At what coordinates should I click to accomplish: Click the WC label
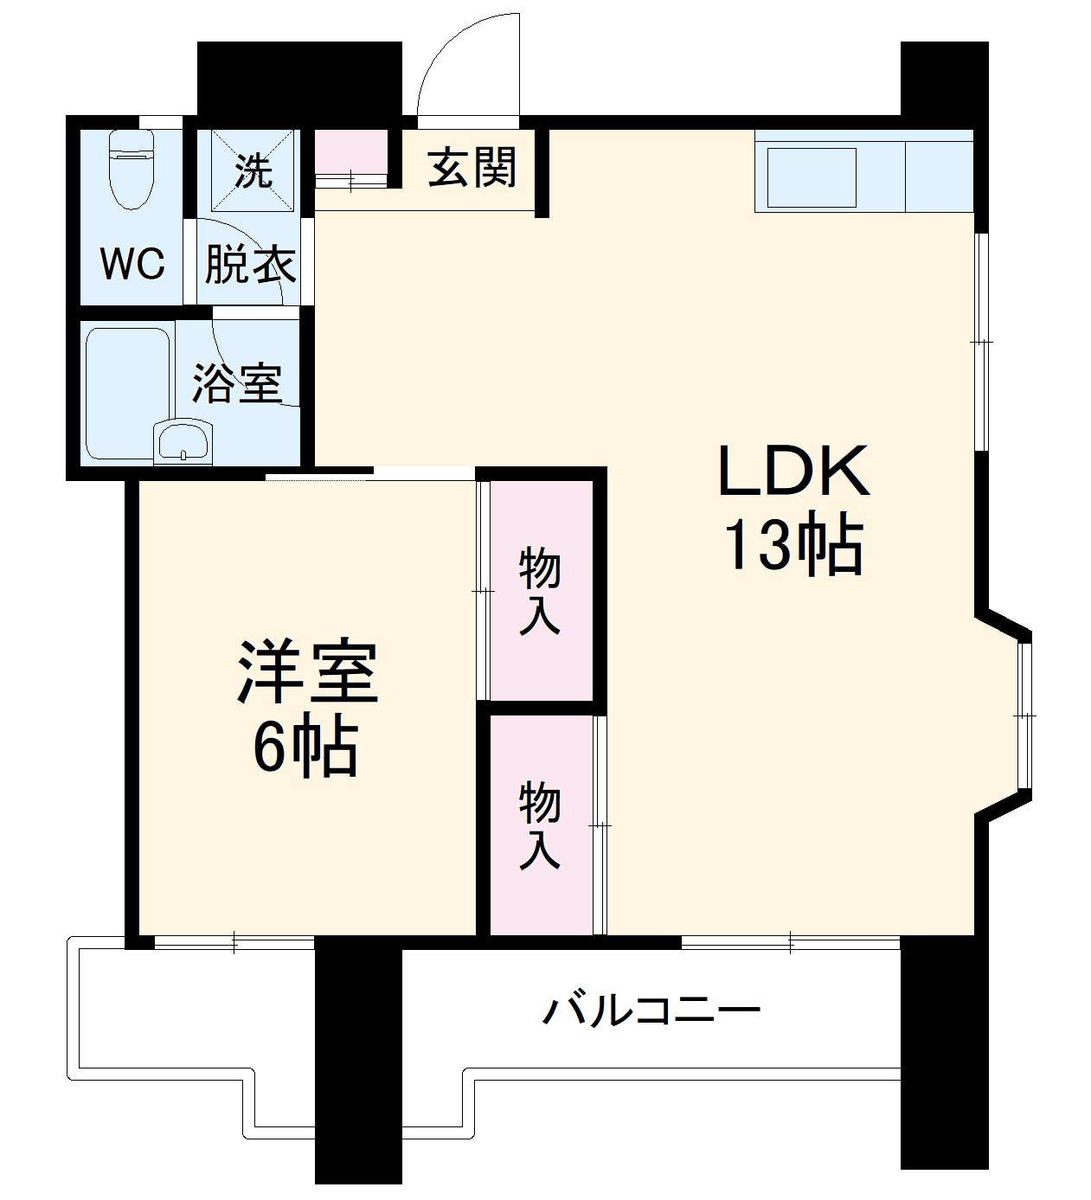tap(132, 263)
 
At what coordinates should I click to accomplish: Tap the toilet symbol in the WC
tap(132, 170)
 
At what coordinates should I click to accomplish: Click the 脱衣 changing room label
tap(250, 265)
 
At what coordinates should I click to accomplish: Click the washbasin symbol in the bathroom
tap(183, 443)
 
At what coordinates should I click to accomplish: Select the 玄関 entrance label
tap(472, 167)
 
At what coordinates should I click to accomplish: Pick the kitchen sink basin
tap(806, 177)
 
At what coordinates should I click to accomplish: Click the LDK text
tap(793, 472)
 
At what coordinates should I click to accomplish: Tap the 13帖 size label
tap(793, 545)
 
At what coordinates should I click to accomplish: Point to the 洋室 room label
tap(308, 672)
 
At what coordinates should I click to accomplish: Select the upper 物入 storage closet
tap(540, 590)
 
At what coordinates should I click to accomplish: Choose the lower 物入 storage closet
tap(540, 825)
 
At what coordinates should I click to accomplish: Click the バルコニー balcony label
tap(651, 1010)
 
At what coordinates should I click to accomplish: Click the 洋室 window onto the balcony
tap(234, 943)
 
